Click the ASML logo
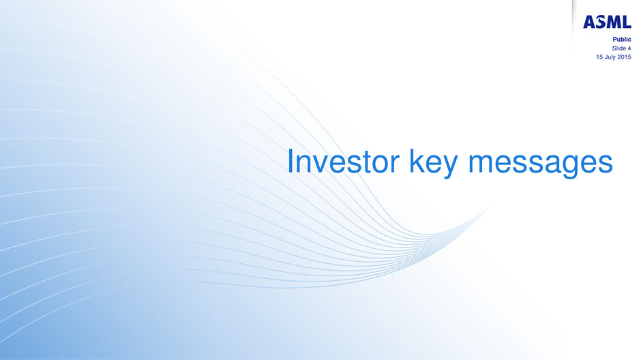(x=607, y=22)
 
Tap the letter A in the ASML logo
(x=589, y=22)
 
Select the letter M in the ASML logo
(x=613, y=22)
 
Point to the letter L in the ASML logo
(x=627, y=22)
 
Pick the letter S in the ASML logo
(x=600, y=22)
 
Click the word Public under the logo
(x=622, y=40)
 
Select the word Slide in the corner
(x=618, y=48)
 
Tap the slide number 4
(x=629, y=48)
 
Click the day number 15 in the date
(x=599, y=57)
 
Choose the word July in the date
(x=610, y=58)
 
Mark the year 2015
(x=624, y=57)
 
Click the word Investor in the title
(x=344, y=162)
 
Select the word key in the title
(x=433, y=163)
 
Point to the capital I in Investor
(x=290, y=162)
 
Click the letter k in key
(x=417, y=161)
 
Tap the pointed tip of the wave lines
(x=489, y=207)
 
